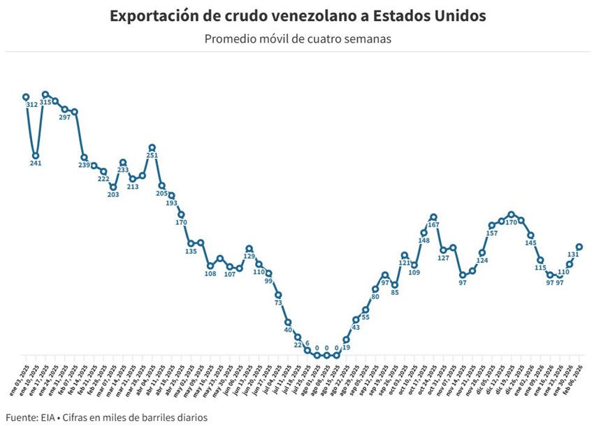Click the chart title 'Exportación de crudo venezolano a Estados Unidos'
(297, 15)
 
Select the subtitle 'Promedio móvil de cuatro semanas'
(297, 38)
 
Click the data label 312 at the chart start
(31, 105)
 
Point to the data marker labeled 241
(36, 156)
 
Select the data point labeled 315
(45, 94)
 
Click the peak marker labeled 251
(152, 148)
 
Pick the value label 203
(113, 195)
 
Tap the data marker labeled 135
(191, 243)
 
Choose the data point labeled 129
(249, 248)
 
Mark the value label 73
(278, 303)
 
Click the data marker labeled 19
(346, 340)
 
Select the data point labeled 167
(433, 217)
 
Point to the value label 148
(423, 240)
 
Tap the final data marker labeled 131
(579, 246)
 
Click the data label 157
(491, 233)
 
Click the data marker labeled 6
(307, 350)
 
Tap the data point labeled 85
(395, 285)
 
